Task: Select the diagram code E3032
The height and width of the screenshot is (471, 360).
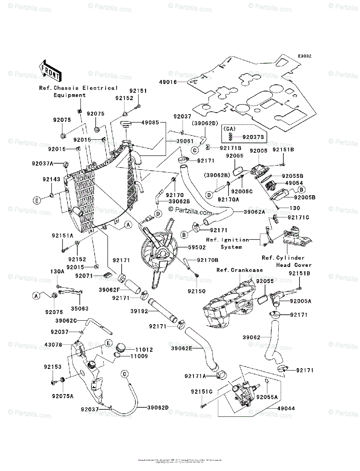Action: click(304, 57)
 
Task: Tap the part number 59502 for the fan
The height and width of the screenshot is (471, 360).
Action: click(189, 248)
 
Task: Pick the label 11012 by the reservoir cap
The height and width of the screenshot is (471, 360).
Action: click(144, 349)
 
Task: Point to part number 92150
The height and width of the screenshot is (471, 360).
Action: click(196, 291)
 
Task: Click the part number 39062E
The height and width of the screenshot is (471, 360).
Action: click(182, 348)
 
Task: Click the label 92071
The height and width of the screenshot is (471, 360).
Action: click(84, 276)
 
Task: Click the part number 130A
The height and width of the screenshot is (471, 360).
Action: click(57, 271)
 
